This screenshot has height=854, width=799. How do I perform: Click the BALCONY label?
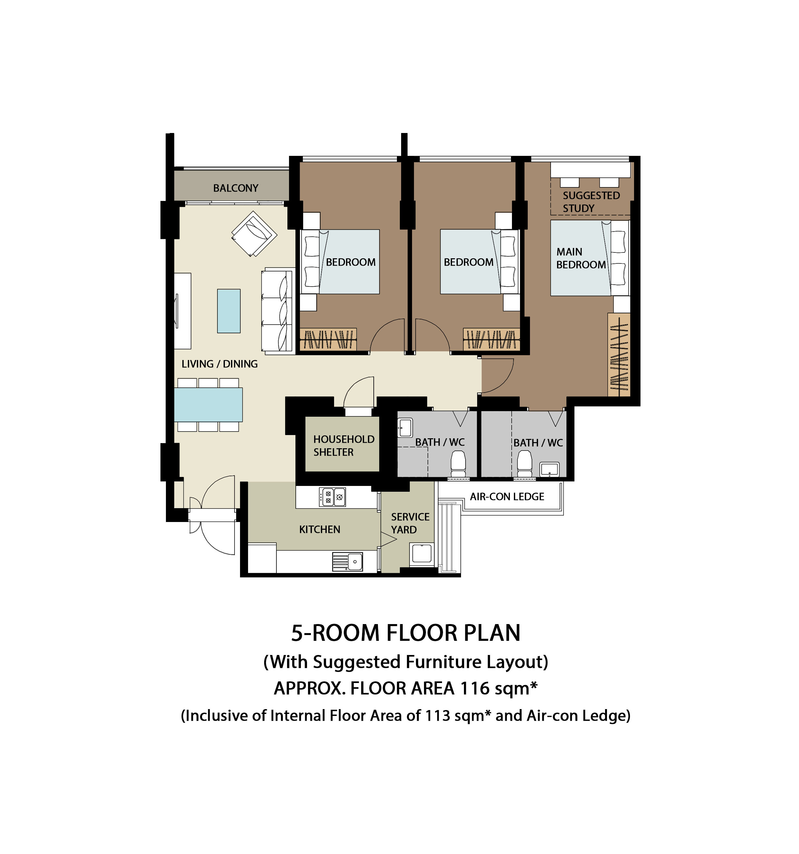click(x=236, y=188)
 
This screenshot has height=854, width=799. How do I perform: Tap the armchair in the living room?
click(x=254, y=234)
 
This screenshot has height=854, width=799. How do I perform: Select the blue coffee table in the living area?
click(x=229, y=311)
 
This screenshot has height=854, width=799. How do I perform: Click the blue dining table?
click(x=208, y=405)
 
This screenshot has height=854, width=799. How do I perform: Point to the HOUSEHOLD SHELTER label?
click(x=343, y=445)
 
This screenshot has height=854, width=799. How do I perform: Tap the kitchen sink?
click(x=347, y=562)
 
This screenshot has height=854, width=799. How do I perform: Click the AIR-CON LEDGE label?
click(x=507, y=497)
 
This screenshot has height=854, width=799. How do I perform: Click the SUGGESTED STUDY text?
click(x=591, y=202)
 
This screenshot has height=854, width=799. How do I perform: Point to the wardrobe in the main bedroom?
click(x=619, y=355)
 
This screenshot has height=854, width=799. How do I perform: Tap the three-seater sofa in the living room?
click(x=278, y=311)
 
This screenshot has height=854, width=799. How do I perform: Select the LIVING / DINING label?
click(x=220, y=364)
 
